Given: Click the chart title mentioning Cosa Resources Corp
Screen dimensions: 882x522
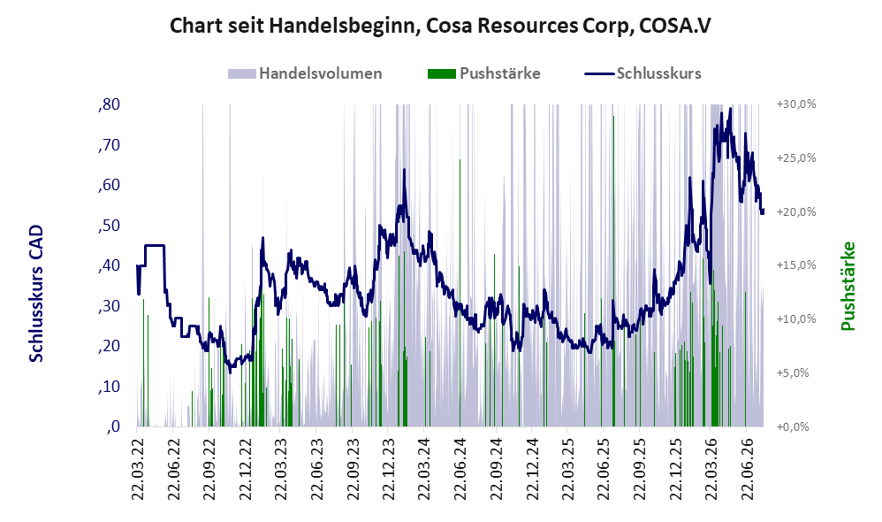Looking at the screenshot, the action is (440, 26).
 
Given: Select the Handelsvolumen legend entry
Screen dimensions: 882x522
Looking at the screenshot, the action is (305, 73).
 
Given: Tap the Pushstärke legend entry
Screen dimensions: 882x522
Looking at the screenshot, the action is (483, 73).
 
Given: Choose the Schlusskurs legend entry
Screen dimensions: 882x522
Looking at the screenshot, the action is (642, 73).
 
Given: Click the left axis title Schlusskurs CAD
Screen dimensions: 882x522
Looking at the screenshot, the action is (36, 294).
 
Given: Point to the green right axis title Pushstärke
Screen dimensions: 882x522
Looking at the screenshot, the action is (848, 286).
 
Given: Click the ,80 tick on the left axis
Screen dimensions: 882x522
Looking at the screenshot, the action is (109, 104).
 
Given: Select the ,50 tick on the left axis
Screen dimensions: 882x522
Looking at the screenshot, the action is (109, 226).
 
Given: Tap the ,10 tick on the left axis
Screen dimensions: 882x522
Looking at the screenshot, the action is (109, 387).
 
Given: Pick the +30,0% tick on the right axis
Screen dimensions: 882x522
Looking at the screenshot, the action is (796, 104).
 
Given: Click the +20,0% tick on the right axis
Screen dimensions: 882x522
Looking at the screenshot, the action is (796, 211).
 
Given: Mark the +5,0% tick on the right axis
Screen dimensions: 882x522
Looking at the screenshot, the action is (793, 372).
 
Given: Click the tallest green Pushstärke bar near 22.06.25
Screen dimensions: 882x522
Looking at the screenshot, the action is (613, 271).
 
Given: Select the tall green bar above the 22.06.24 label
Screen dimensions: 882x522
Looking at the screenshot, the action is (460, 293).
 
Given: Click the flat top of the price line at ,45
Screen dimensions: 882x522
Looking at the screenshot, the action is (154, 245).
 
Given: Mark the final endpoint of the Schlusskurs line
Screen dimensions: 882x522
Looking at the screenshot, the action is (763, 211).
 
